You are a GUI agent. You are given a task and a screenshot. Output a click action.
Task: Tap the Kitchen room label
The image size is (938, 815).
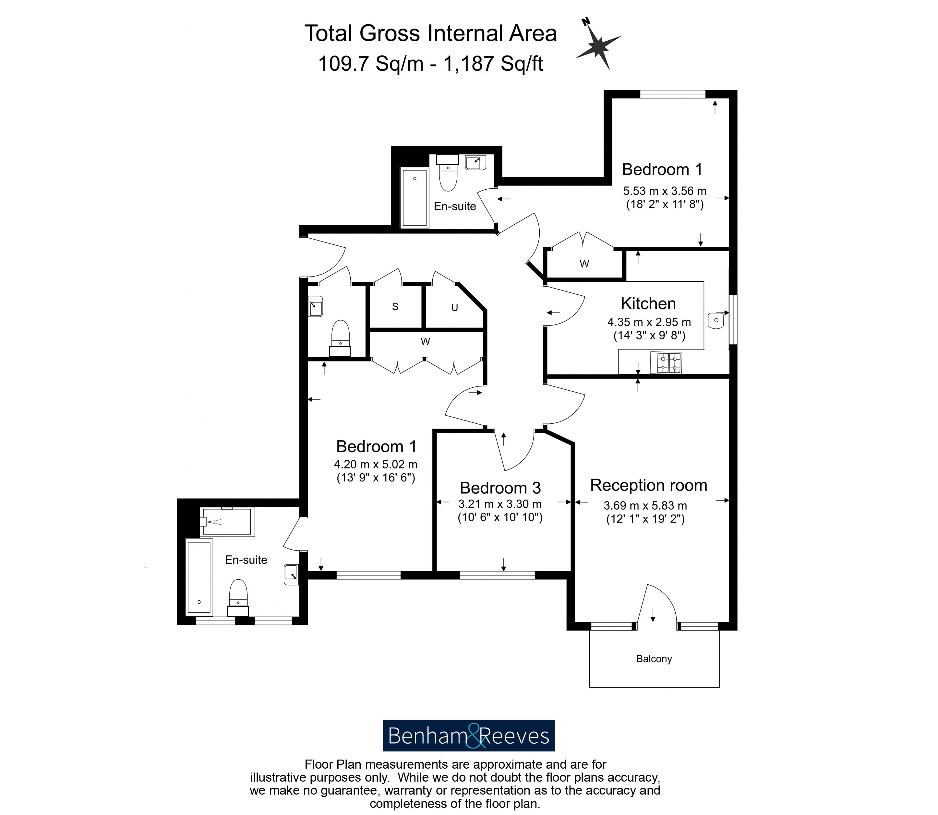(x=648, y=303)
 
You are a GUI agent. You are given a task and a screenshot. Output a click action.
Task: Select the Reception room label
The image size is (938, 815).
(x=649, y=485)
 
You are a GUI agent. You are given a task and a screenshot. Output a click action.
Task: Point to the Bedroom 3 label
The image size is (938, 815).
(x=500, y=488)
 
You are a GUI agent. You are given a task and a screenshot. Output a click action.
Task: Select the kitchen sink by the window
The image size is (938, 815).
(x=716, y=320)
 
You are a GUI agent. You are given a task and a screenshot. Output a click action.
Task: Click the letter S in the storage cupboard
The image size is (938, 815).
(x=395, y=307)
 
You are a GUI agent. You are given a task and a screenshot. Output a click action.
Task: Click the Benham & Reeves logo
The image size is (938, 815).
(x=469, y=735)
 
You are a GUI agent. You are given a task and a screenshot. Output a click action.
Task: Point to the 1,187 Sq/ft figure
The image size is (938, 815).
(x=493, y=64)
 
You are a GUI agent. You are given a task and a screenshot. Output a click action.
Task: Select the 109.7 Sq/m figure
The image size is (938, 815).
(x=371, y=64)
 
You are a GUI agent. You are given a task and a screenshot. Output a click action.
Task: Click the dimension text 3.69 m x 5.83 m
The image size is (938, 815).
(x=645, y=505)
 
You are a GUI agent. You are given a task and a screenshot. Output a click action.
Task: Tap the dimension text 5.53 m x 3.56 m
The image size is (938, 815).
(x=665, y=191)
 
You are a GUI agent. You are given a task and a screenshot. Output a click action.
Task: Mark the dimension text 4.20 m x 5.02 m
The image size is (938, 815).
(x=376, y=464)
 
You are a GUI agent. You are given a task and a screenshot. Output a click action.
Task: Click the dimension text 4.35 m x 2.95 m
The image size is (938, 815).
(x=649, y=322)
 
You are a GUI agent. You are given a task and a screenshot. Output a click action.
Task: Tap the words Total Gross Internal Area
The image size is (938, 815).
(x=430, y=33)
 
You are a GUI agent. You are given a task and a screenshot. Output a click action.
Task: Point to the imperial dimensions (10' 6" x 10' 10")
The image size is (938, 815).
(x=500, y=518)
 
